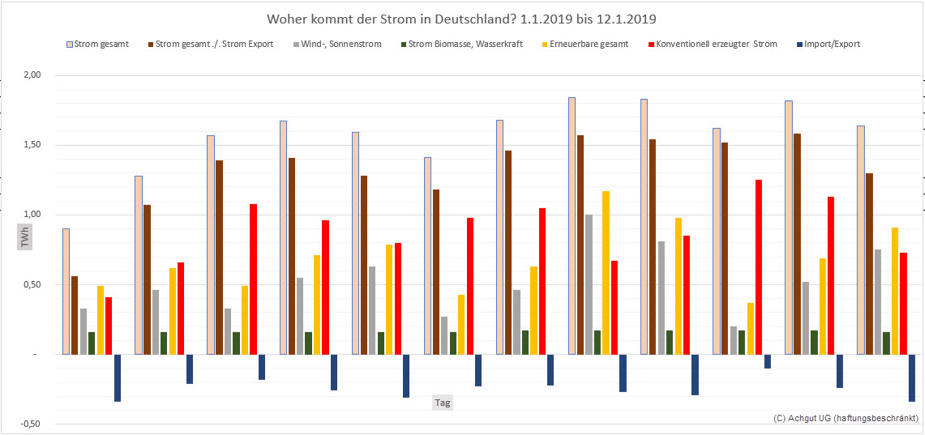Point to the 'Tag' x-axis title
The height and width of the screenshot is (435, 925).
(x=443, y=402)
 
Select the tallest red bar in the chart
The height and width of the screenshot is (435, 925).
(x=759, y=267)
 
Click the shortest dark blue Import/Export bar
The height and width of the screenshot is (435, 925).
(x=768, y=361)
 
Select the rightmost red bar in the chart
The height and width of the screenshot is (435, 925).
(x=903, y=303)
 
